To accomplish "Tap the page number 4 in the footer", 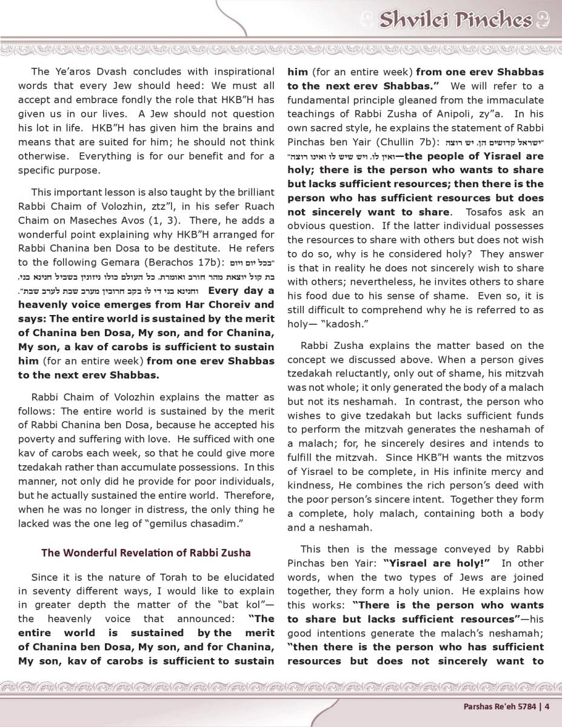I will coord(547,705).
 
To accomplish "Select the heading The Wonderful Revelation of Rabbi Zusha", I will coord(146,553).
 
